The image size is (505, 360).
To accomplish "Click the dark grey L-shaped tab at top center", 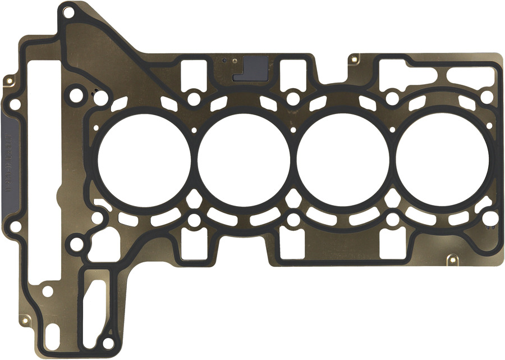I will pos(253,68).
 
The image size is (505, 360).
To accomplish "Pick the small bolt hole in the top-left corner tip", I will pos(68,11).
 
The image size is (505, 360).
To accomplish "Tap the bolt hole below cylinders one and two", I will pos(194,220).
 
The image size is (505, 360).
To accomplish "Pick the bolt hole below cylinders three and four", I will pos(392,220).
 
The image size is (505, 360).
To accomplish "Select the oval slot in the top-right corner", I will pos(470,78).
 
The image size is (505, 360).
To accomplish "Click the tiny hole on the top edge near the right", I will pos(354,58).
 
